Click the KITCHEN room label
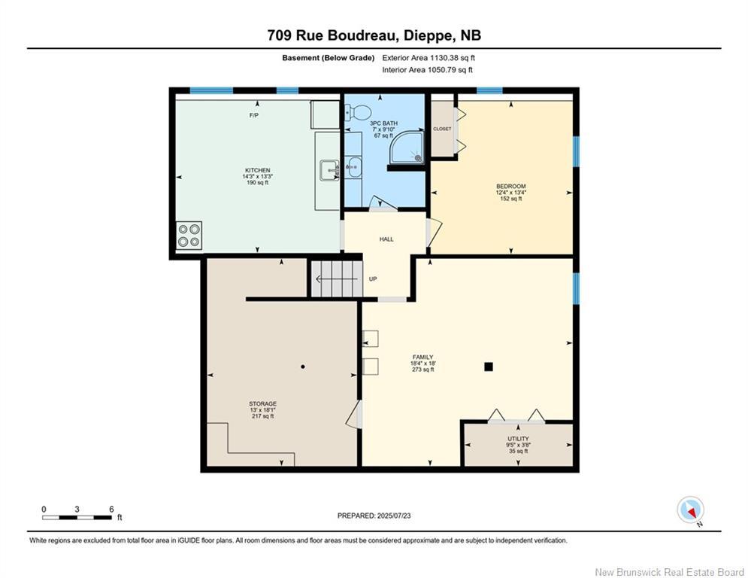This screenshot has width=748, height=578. [256, 171]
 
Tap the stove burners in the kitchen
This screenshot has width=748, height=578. [189, 236]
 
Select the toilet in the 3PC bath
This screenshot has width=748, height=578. [359, 113]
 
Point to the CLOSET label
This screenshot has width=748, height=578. [442, 129]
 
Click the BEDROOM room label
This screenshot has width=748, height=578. [510, 186]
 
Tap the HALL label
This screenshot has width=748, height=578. [386, 239]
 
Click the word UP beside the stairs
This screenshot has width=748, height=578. [373, 279]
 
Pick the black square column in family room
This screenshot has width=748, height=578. [488, 367]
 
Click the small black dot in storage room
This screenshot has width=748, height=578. [303, 367]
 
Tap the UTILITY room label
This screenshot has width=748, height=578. [518, 439]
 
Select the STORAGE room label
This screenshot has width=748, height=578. [262, 404]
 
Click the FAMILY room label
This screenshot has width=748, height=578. [422, 357]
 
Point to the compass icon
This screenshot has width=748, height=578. [689, 510]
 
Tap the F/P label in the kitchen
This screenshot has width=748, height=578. [255, 115]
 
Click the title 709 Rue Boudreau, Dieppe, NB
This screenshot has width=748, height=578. [374, 35]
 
